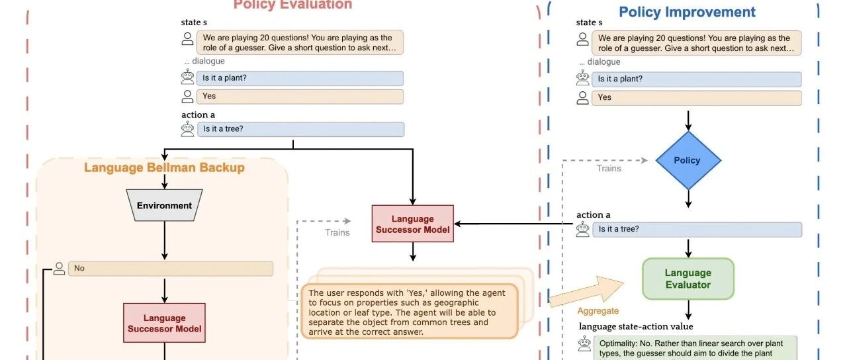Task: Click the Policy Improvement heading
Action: pyautogui.click(x=687, y=12)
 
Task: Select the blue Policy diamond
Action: pyautogui.click(x=688, y=160)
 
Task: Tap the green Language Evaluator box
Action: pyautogui.click(x=688, y=279)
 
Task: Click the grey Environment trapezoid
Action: pyautogui.click(x=164, y=205)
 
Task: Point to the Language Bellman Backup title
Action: pyautogui.click(x=164, y=167)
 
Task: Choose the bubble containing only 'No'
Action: pyautogui.click(x=170, y=269)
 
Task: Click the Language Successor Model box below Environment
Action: pyautogui.click(x=164, y=323)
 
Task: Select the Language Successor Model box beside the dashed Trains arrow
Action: pyautogui.click(x=412, y=224)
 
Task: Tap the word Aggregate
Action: pyautogui.click(x=598, y=310)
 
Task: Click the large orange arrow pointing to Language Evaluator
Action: pyautogui.click(x=587, y=291)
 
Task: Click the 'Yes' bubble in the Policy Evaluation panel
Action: pyautogui.click(x=300, y=96)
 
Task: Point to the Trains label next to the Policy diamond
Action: pyautogui.click(x=609, y=168)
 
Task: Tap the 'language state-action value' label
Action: pyautogui.click(x=636, y=326)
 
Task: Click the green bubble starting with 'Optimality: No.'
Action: pyautogui.click(x=695, y=348)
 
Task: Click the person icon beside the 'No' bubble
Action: pyautogui.click(x=59, y=268)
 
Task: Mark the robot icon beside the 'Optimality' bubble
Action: pyautogui.click(x=583, y=343)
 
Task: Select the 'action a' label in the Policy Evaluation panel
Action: pyautogui.click(x=198, y=114)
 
